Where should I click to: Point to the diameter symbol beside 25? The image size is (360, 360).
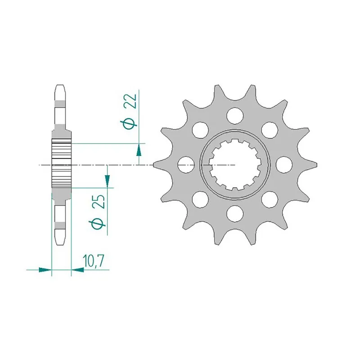pos(100,223)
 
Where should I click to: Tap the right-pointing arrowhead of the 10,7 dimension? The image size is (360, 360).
pos(44,270)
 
